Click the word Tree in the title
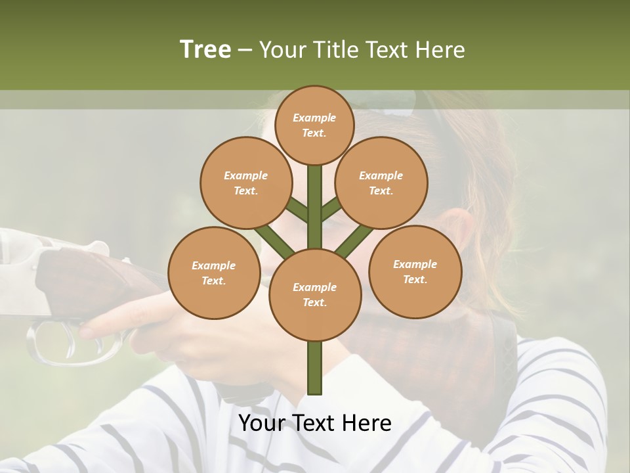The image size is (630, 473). click(x=205, y=49)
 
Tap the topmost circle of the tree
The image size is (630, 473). click(x=314, y=125)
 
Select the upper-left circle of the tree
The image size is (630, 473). click(x=245, y=183)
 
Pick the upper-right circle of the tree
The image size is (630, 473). click(x=381, y=183)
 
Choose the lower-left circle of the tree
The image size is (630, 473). click(x=214, y=273)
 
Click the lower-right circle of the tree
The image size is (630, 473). click(x=415, y=271)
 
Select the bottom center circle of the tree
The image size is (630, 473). click(x=315, y=294)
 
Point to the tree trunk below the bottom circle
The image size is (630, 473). click(x=315, y=368)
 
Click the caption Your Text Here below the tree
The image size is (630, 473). click(x=315, y=423)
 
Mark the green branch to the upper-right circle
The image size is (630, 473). click(x=331, y=209)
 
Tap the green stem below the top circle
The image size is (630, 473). click(x=315, y=197)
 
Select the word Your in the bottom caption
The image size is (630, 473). click(x=262, y=423)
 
